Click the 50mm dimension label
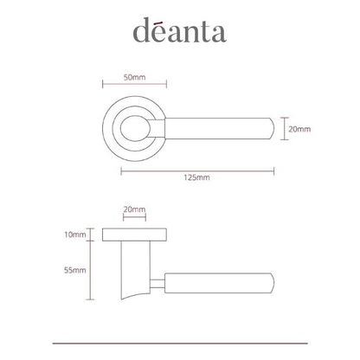(x=133, y=77)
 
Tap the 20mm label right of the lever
(x=299, y=129)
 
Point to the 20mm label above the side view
(x=133, y=209)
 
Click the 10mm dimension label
(x=75, y=235)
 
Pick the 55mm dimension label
(x=75, y=270)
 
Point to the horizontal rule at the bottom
(x=179, y=343)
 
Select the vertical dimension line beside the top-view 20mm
(x=284, y=129)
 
